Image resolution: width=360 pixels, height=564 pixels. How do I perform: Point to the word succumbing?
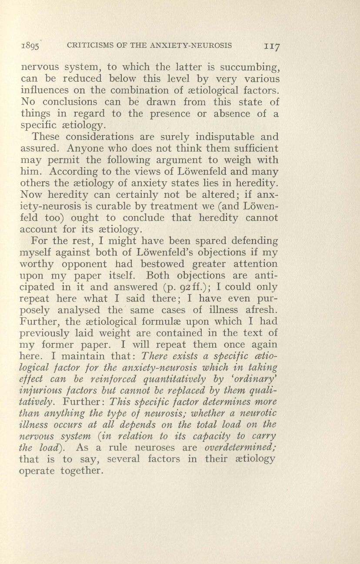[x=252, y=68]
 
